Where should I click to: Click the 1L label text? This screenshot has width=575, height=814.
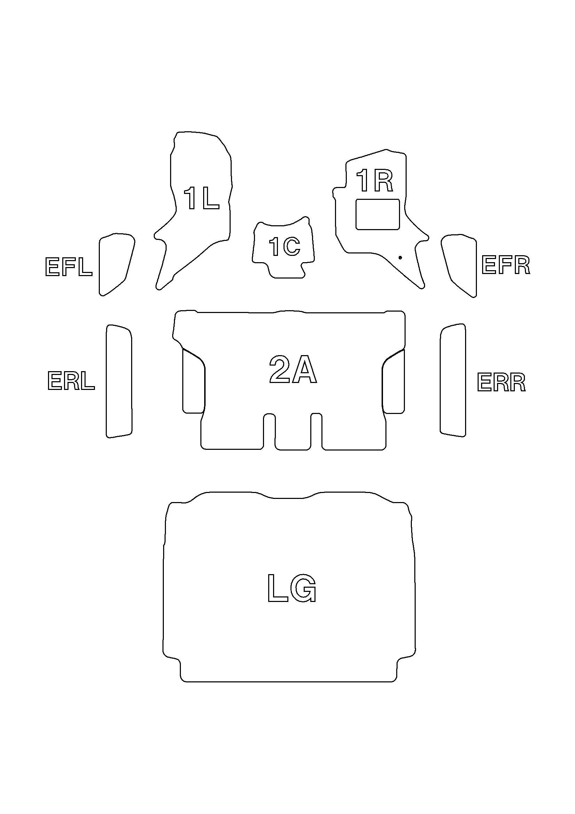pyautogui.click(x=201, y=198)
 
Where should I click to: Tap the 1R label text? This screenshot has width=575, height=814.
pyautogui.click(x=375, y=181)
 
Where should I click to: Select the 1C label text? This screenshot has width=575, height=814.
pyautogui.click(x=285, y=246)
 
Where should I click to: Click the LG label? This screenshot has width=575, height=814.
pyautogui.click(x=292, y=588)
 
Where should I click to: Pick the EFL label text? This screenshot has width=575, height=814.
pyautogui.click(x=69, y=267)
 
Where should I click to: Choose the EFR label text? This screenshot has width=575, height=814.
pyautogui.click(x=505, y=265)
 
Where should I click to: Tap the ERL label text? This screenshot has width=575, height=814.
pyautogui.click(x=71, y=381)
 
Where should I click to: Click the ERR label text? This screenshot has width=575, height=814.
pyautogui.click(x=501, y=382)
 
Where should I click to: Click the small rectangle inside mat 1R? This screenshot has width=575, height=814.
pyautogui.click(x=378, y=214)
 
